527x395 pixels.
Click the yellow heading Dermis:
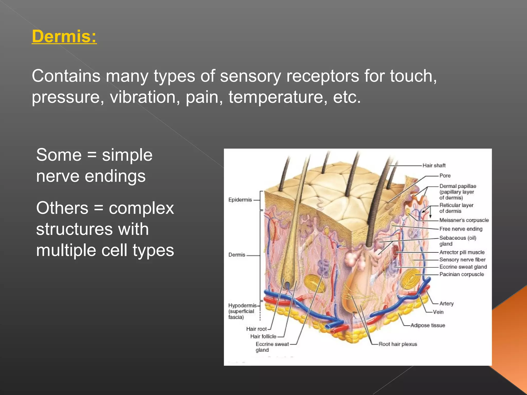[64, 36]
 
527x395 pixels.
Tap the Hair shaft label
[434, 165]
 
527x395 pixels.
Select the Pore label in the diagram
[445, 176]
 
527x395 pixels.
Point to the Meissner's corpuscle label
[464, 220]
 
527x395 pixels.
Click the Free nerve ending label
[461, 229]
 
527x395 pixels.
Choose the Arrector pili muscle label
[462, 252]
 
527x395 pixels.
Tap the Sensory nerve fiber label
[462, 260]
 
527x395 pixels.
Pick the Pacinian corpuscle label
[461, 274]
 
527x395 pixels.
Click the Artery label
[446, 303]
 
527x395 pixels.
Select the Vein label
[438, 312]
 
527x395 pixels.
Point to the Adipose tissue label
[428, 325]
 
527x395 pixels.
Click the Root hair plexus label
[398, 344]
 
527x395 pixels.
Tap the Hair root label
[256, 329]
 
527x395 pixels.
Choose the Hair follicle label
[263, 336]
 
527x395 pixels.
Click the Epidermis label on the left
[240, 200]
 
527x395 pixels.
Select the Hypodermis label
[242, 306]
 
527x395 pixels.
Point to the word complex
[141, 208]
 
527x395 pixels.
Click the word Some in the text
[59, 155]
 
